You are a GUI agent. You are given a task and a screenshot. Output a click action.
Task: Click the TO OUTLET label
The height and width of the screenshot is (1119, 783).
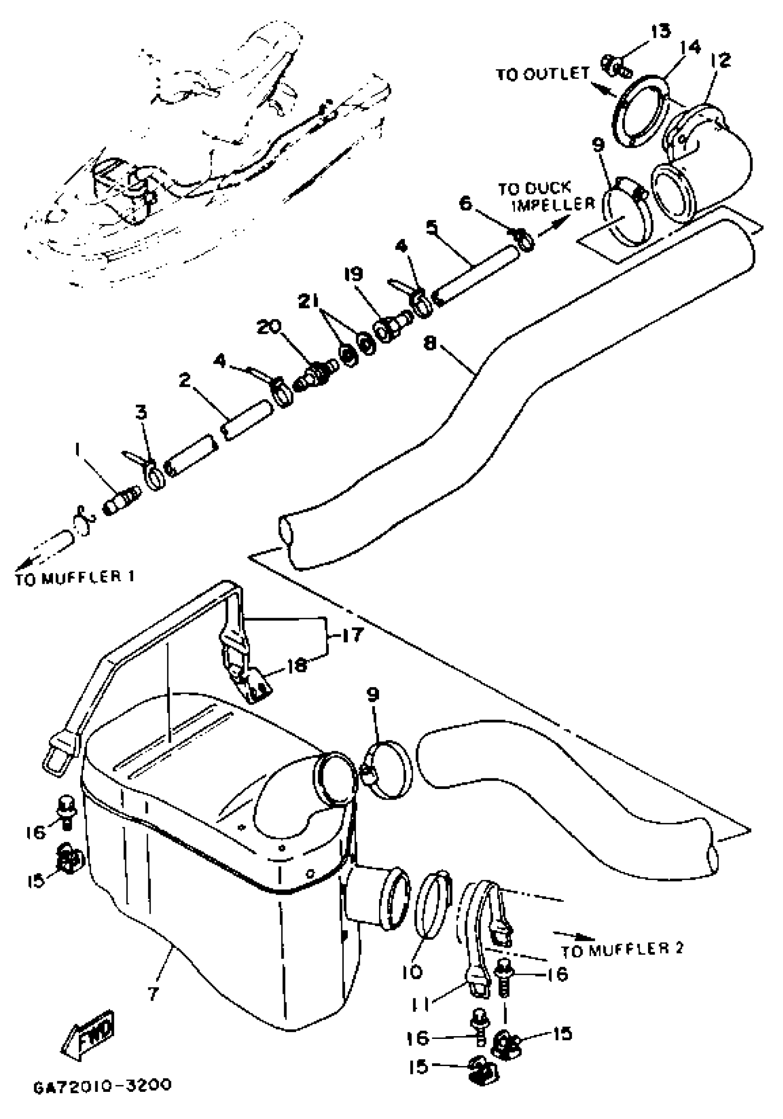(x=543, y=74)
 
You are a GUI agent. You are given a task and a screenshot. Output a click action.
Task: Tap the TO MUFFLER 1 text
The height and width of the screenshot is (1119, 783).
(x=74, y=578)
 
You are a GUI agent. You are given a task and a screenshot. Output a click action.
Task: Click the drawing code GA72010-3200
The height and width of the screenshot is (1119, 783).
(x=102, y=1086)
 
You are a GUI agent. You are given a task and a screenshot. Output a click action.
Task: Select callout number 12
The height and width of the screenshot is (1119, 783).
(x=721, y=60)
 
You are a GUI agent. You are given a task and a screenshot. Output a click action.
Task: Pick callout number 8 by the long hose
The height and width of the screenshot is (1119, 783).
(x=430, y=343)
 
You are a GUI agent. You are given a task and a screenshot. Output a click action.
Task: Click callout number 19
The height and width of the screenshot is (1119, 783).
(x=353, y=274)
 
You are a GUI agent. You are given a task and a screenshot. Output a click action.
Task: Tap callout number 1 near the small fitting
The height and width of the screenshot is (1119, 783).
(x=77, y=451)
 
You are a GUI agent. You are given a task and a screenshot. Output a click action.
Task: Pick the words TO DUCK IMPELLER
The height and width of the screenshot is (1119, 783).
(x=546, y=196)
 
